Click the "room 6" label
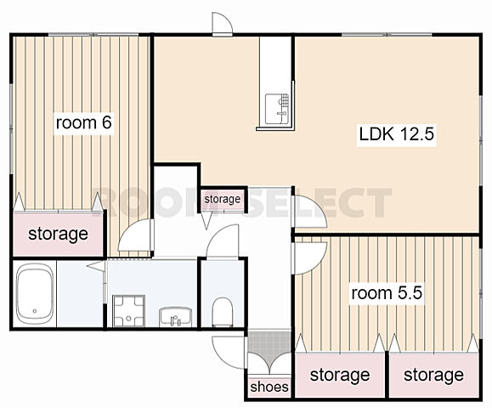[x=83, y=122]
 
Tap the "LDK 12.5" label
[x=396, y=133]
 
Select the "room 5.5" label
[x=387, y=293]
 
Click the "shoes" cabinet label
[x=269, y=387]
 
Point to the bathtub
[x=35, y=294]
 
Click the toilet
[x=222, y=312]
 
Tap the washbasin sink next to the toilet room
[x=175, y=317]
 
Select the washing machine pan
[x=128, y=310]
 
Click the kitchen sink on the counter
[x=277, y=109]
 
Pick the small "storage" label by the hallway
[x=223, y=199]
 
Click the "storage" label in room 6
[x=58, y=234]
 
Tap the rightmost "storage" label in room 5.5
[x=433, y=375]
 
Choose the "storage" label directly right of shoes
[x=340, y=375]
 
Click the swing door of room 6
[x=136, y=235]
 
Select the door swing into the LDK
[x=309, y=211]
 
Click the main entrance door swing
[x=228, y=353]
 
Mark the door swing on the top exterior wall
[x=222, y=23]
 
